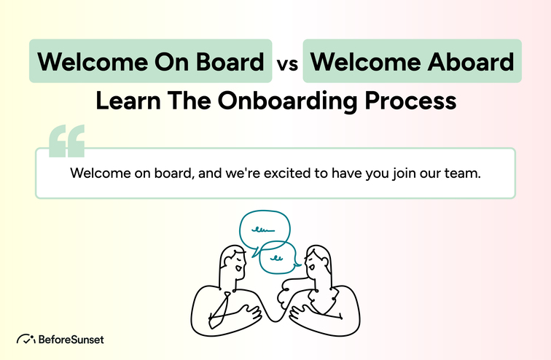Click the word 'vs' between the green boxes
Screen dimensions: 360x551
click(x=287, y=63)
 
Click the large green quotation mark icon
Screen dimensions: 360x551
click(x=66, y=141)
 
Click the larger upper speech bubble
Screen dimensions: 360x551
click(x=265, y=230)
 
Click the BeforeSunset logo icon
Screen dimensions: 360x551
click(x=26, y=339)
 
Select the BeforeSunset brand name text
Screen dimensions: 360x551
click(x=71, y=340)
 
